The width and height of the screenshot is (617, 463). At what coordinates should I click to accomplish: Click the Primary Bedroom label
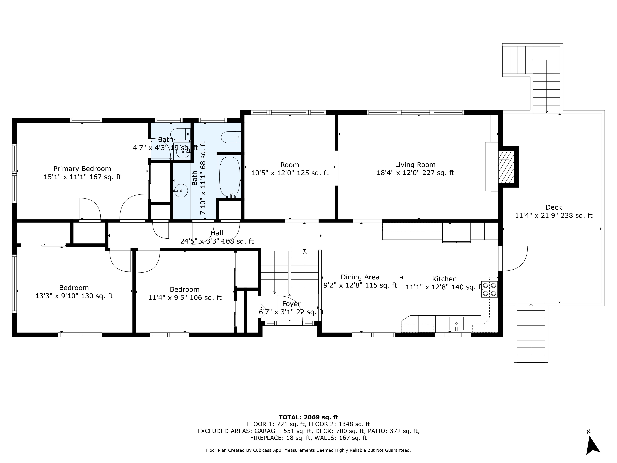click(x=82, y=169)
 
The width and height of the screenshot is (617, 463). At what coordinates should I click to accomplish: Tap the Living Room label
click(x=415, y=165)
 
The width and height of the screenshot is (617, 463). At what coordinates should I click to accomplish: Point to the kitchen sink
click(x=456, y=324)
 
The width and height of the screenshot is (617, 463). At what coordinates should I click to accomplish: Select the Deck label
click(x=554, y=207)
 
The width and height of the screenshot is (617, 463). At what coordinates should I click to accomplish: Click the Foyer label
click(x=291, y=304)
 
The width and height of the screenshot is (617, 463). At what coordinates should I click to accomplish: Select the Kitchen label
click(x=444, y=279)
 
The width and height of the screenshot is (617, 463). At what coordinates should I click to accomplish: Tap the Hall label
click(x=217, y=233)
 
